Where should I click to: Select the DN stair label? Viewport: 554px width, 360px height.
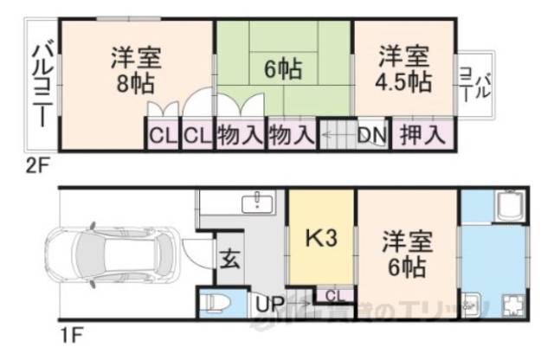tap(371, 135)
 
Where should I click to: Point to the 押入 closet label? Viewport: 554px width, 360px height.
tap(424, 135)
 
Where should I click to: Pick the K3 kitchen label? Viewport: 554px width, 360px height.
tap(321, 237)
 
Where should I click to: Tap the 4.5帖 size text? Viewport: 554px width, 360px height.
tap(404, 84)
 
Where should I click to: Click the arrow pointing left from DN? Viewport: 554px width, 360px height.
tap(336, 135)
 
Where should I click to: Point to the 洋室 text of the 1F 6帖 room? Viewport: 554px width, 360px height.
tap(403, 242)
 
